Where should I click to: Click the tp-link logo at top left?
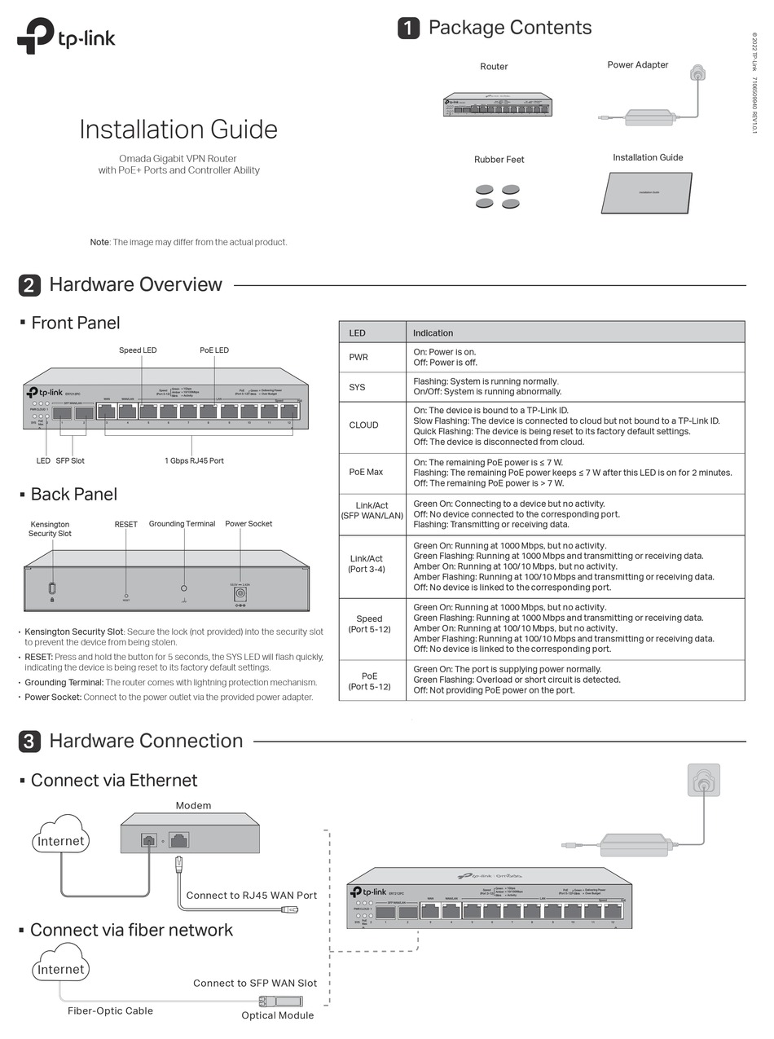click(66, 37)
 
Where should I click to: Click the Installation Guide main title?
click(178, 129)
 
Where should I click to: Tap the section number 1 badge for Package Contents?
click(408, 28)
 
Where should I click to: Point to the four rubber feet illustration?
click(498, 196)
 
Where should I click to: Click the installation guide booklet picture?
click(647, 192)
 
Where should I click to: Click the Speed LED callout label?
click(138, 350)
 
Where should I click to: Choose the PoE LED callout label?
click(214, 350)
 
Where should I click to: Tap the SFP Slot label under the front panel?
click(70, 460)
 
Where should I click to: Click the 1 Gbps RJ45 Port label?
click(194, 460)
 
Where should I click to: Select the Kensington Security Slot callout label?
click(50, 529)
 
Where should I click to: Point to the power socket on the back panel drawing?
click(240, 594)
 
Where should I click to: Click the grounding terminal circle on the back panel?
click(183, 588)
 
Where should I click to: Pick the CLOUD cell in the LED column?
click(363, 425)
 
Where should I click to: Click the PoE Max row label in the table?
click(366, 472)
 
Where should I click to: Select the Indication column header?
click(433, 332)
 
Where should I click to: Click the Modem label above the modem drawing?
click(193, 805)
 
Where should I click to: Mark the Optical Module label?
click(277, 1015)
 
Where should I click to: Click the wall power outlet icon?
click(703, 780)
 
